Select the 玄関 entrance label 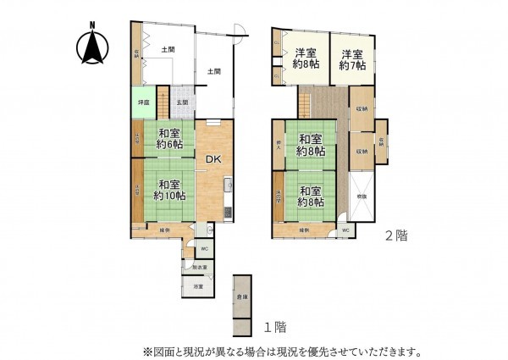tap(183, 103)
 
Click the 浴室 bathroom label tap(197, 288)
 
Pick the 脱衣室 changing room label tap(200, 268)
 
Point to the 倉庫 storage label tap(243, 296)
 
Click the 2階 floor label tap(396, 235)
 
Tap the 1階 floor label tap(273, 326)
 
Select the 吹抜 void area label tap(362, 197)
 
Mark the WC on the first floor tap(203, 248)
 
